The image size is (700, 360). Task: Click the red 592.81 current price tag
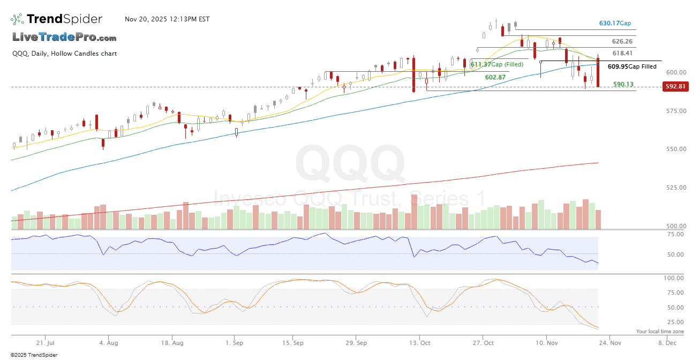[675, 86]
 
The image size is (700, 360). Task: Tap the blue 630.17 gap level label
[614, 24]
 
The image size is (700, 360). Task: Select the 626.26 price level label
[622, 41]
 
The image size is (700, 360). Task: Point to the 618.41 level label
[622, 53]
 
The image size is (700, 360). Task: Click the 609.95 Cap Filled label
[632, 67]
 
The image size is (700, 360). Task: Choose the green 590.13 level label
[623, 84]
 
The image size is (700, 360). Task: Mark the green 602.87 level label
[495, 77]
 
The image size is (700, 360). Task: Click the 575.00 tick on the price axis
[675, 111]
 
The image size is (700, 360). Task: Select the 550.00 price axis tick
[675, 149]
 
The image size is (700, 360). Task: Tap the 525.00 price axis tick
[675, 187]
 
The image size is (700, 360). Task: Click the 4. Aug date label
[109, 342]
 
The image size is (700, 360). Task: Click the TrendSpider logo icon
[17, 19]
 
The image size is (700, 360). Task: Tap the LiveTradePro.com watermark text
[64, 37]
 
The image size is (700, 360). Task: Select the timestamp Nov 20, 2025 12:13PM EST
[167, 19]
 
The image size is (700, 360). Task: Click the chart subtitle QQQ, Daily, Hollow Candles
[64, 54]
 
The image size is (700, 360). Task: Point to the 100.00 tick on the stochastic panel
[673, 279]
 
